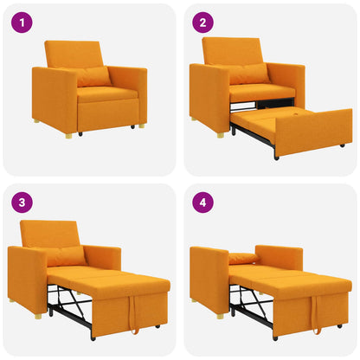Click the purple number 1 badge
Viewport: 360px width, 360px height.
pyautogui.click(x=22, y=23)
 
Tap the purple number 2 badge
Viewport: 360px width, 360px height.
pyautogui.click(x=203, y=23)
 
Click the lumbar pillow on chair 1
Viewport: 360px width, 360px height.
pyautogui.click(x=93, y=77)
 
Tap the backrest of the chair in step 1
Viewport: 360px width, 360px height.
pyautogui.click(x=74, y=55)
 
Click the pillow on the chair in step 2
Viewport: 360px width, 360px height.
pyautogui.click(x=249, y=74)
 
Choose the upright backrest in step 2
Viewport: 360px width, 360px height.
pyautogui.click(x=232, y=51)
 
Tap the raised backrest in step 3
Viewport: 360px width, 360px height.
pyautogui.click(x=49, y=233)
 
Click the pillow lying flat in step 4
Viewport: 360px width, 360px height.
pyautogui.click(x=244, y=258)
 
